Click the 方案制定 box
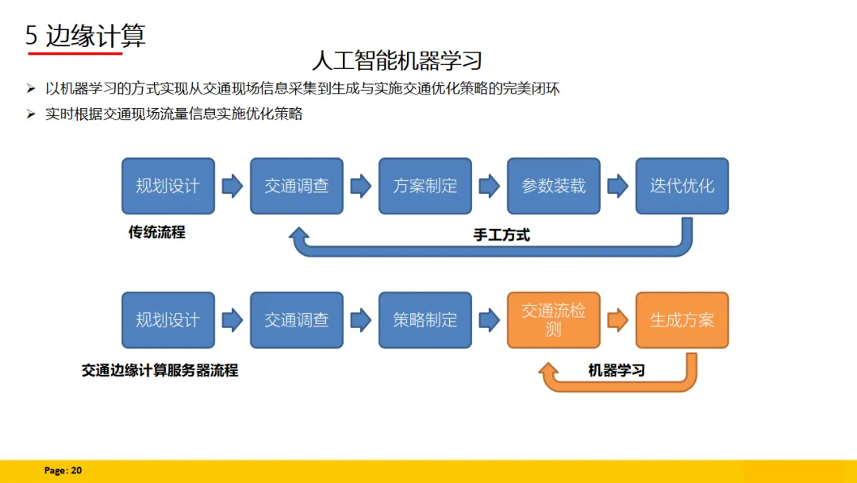pos(425,186)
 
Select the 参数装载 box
pos(553,186)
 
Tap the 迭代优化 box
pos(682,186)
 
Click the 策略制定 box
pos(425,320)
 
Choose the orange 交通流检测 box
pos(553,320)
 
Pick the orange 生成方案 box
pos(682,320)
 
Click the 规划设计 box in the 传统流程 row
pos(167,186)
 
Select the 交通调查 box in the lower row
pos(296,320)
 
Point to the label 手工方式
pos(502,234)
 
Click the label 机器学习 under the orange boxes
pos(617,370)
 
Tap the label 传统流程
pos(156,233)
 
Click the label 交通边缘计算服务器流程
pos(159,370)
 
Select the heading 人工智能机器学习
pos(397,60)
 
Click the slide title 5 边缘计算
pos(86,36)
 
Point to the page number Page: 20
pos(63,471)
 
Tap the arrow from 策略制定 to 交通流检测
pos(490,320)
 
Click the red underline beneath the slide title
pos(75,54)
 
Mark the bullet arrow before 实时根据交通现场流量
pos(31,114)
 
